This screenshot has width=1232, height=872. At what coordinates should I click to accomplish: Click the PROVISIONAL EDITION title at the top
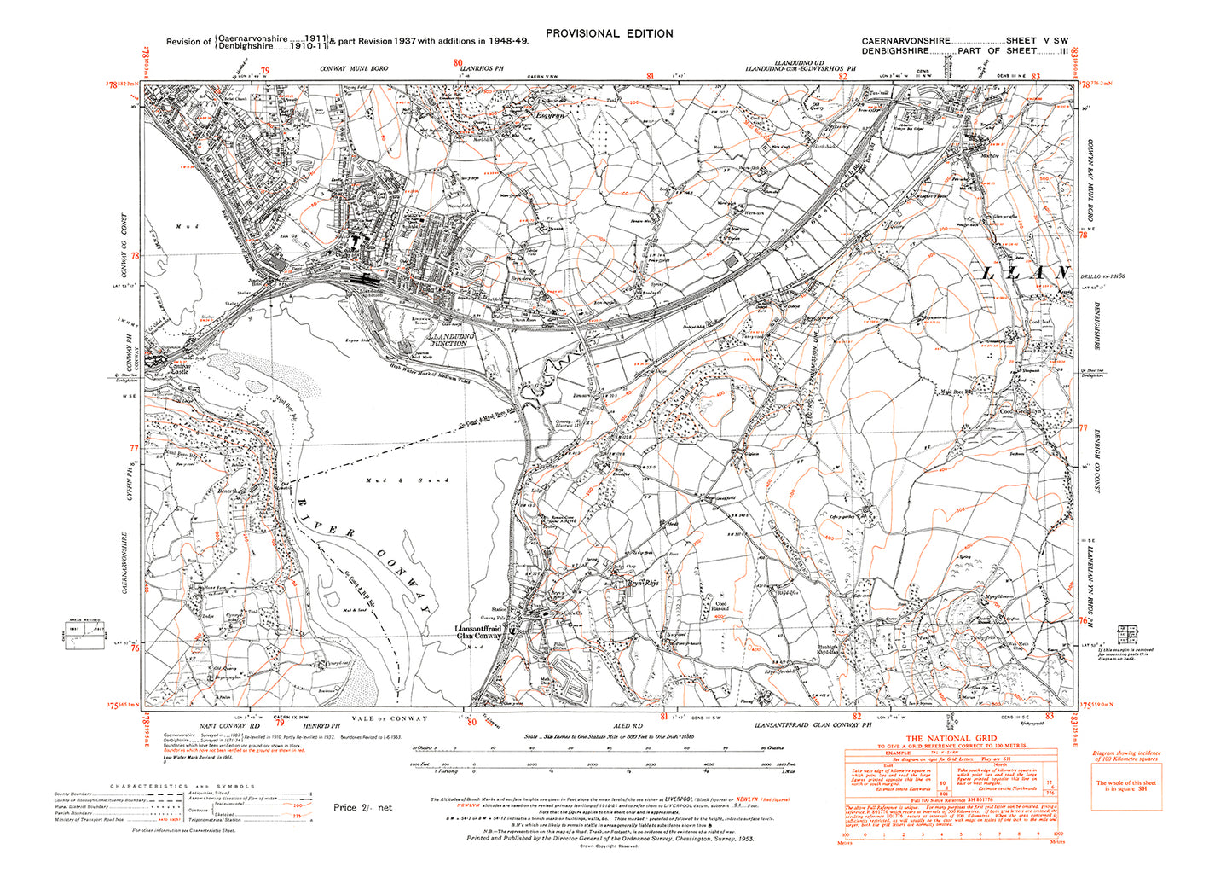[609, 33]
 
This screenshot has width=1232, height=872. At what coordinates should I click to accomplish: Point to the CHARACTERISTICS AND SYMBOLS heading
[182, 786]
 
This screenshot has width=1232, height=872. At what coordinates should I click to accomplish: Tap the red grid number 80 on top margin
[458, 62]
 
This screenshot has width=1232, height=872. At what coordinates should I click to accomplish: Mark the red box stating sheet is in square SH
[1125, 785]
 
